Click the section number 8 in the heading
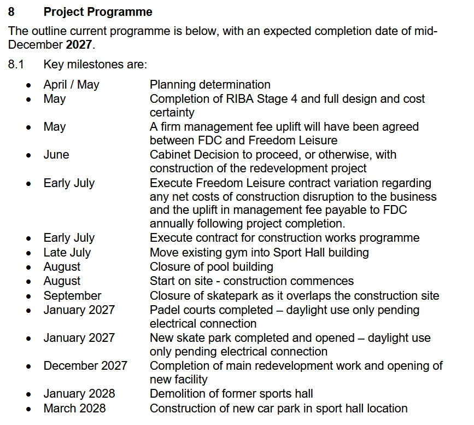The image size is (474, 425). point(11,12)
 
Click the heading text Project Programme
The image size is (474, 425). point(98,12)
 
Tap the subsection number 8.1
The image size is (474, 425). point(16,65)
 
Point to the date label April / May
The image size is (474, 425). point(71,85)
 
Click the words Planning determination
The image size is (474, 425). point(210,85)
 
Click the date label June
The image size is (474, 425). point(56,155)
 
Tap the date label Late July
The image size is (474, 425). point(67,253)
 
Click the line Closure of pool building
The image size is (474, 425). point(211,267)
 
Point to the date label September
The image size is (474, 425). point(72,296)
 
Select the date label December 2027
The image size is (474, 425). point(85,366)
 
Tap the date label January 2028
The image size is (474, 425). point(79,394)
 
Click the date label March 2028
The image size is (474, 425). point(74,409)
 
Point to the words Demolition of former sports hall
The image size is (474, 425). point(231,394)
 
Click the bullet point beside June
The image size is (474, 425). point(29,155)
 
